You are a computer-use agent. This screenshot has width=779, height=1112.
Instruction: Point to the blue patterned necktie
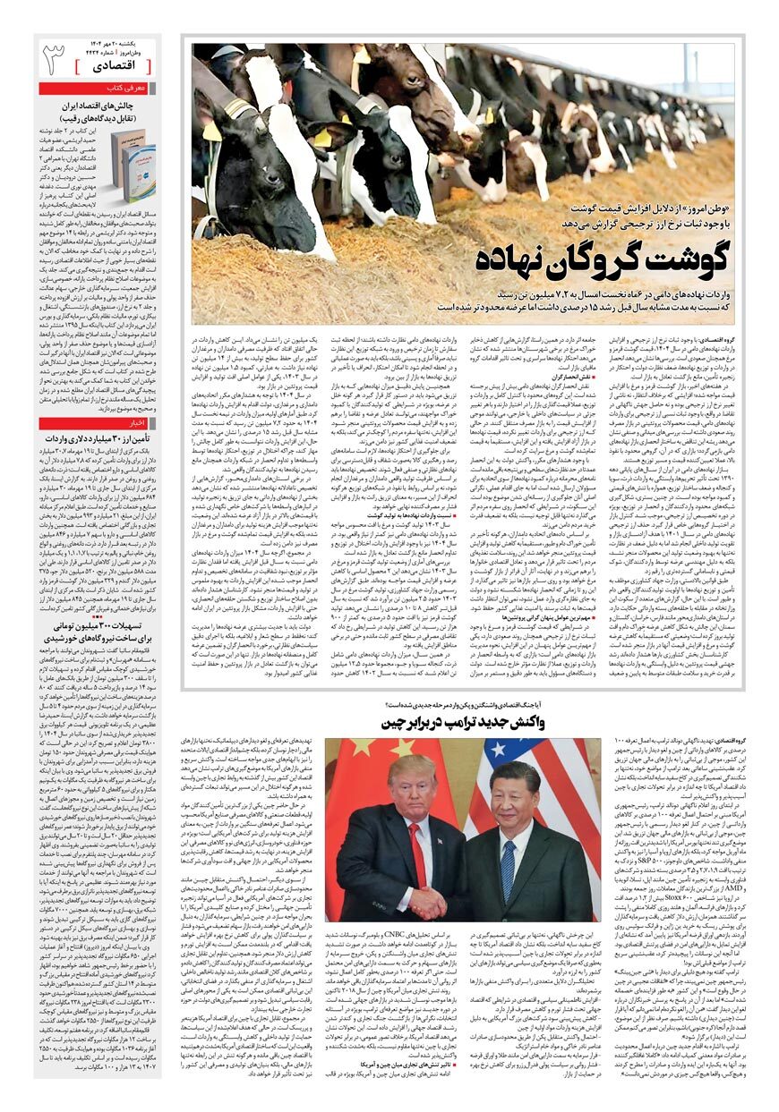point(508,864)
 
